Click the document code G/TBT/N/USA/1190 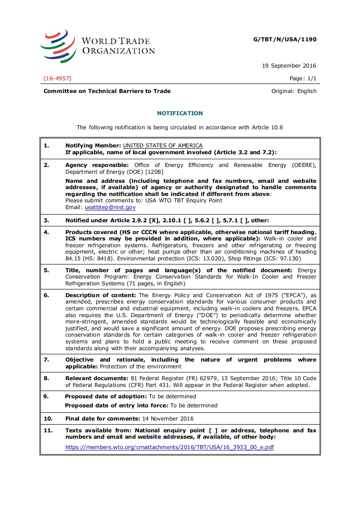[285, 39]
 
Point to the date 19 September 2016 [289, 66]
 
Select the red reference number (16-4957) [57, 78]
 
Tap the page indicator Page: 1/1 [303, 78]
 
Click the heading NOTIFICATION [180, 113]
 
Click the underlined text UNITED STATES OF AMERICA [163, 146]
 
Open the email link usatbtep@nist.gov [110, 207]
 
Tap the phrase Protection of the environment [141, 367]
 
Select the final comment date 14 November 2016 [168, 418]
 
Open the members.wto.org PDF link [170, 447]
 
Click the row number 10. [48, 418]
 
